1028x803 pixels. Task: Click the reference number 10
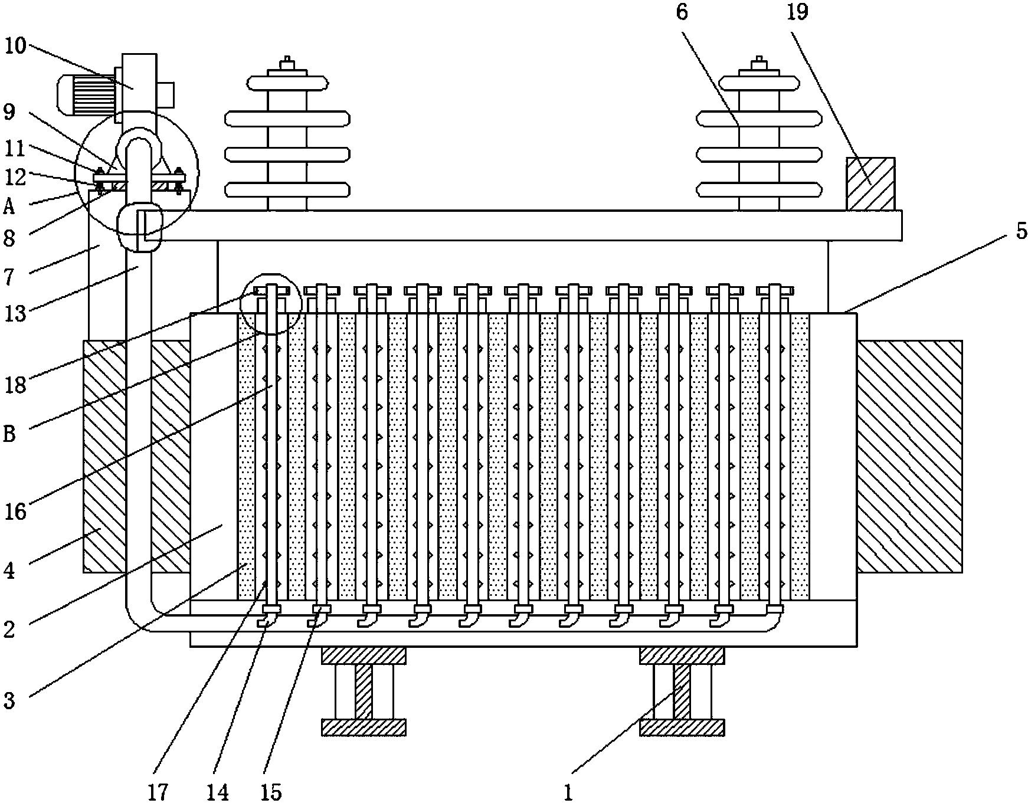16,45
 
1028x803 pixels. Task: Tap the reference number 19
797,12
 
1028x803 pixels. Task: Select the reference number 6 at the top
682,12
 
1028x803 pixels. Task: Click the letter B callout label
10,434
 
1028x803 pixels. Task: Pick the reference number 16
16,512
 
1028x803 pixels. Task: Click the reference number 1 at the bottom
568,792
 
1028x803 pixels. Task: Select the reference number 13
16,314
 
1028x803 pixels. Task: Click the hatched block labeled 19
870,183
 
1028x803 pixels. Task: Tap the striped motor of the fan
86,94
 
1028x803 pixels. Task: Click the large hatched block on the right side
909,456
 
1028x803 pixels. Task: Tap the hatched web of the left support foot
364,691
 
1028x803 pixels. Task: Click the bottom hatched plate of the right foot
682,727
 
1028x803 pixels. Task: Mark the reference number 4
9,571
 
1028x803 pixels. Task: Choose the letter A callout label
9,207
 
